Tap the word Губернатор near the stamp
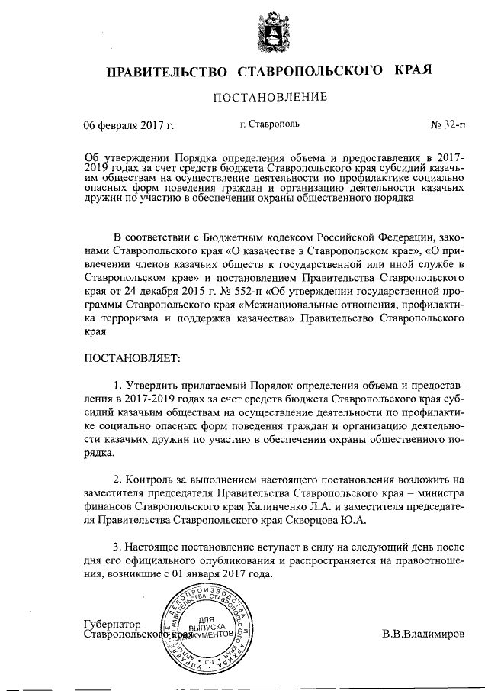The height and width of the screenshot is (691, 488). click(x=114, y=624)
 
